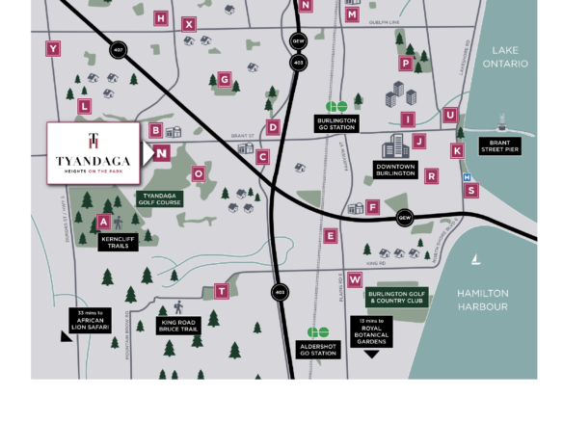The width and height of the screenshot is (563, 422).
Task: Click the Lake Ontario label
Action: (504, 57)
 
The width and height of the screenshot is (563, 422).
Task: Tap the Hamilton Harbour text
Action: (482, 300)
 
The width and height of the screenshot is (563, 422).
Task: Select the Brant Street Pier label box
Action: (499, 146)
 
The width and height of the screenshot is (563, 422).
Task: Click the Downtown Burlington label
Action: (395, 170)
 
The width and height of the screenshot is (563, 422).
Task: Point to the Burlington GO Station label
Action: (336, 124)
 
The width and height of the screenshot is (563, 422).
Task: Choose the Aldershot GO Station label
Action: (317, 349)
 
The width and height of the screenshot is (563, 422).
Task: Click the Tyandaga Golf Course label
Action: (159, 198)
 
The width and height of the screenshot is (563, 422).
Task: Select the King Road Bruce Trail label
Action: (179, 326)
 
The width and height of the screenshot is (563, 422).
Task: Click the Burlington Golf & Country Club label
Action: (395, 297)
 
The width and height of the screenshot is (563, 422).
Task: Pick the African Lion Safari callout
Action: (90, 321)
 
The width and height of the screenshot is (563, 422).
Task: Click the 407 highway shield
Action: (118, 50)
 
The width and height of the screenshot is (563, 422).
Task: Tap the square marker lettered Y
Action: (53, 48)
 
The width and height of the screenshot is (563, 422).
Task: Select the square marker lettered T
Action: (221, 291)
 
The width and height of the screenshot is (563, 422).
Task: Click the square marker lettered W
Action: (355, 279)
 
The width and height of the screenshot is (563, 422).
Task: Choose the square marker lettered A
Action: (103, 222)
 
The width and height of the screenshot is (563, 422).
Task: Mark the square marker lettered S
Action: (471, 191)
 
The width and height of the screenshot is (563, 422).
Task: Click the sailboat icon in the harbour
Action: (476, 260)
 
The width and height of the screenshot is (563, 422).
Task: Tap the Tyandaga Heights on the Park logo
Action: (94, 153)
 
